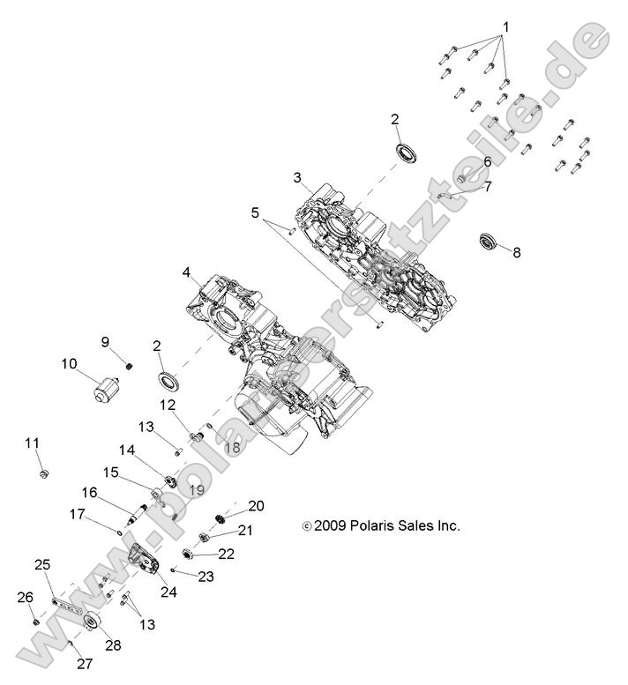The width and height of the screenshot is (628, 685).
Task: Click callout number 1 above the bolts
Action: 505,26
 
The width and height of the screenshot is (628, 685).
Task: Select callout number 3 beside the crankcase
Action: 298,177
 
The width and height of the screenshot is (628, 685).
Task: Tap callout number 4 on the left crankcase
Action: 186,272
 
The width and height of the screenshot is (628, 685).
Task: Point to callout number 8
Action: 517,252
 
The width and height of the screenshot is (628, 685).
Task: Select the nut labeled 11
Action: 42,475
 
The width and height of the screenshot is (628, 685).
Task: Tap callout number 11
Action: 33,443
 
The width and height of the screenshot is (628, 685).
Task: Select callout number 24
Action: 168,592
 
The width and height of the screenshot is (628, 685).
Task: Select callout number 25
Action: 41,563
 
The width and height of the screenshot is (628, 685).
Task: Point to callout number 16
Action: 90,492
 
